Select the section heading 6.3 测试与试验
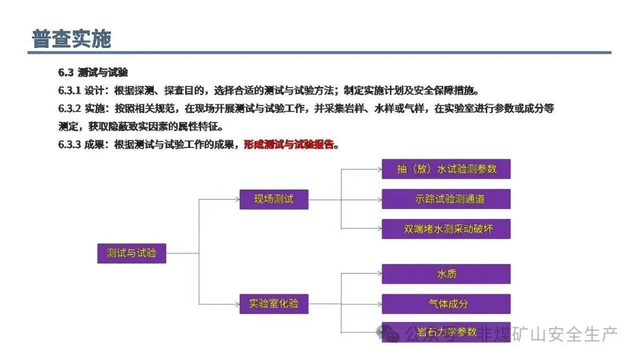(x=93, y=73)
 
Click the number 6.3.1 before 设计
(x=69, y=91)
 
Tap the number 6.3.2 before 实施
(x=69, y=109)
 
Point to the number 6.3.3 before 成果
(x=69, y=144)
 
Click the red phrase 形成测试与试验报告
(x=289, y=144)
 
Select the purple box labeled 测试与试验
(x=131, y=253)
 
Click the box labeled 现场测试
(x=273, y=199)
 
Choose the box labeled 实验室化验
(x=273, y=304)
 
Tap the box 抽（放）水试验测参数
(x=446, y=169)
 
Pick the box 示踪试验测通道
(x=446, y=199)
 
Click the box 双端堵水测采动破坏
(x=446, y=229)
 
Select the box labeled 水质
(x=446, y=274)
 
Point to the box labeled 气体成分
(x=446, y=304)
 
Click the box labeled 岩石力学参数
(x=446, y=332)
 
